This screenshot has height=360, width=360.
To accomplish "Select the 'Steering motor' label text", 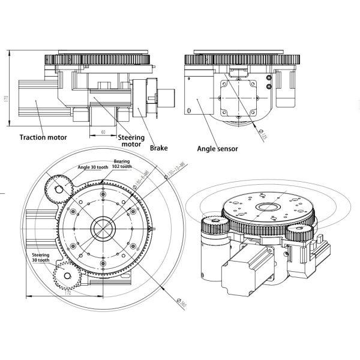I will (x=131, y=140).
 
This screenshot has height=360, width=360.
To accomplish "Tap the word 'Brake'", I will (x=159, y=147).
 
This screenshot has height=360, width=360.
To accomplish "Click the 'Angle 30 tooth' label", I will (x=92, y=167).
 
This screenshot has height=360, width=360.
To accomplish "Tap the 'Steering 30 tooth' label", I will (x=41, y=258).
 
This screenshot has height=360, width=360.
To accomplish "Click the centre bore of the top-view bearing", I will (x=103, y=229).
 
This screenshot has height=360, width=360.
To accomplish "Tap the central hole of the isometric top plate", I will (x=263, y=208).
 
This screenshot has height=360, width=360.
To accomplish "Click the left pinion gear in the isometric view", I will (x=213, y=227).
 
